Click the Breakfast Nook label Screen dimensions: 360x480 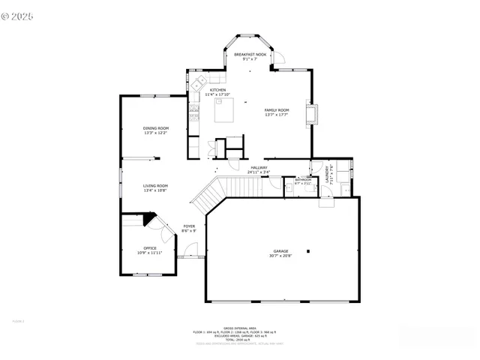tap(250, 55)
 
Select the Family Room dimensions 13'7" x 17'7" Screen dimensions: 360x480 tap(277, 115)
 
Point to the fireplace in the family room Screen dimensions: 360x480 tap(312, 112)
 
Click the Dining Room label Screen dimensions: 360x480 tap(156, 128)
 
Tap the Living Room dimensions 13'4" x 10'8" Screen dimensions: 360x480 tap(156, 190)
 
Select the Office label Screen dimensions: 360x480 tap(150, 248)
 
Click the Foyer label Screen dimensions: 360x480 tap(189, 226)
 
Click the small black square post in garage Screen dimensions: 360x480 tap(308, 251)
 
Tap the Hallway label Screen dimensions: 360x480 tap(259, 167)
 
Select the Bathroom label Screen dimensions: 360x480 tap(303, 180)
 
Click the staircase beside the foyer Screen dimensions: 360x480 tap(207, 196)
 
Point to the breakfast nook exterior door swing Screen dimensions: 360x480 tap(277, 58)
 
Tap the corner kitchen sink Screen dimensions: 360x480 tap(201, 81)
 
